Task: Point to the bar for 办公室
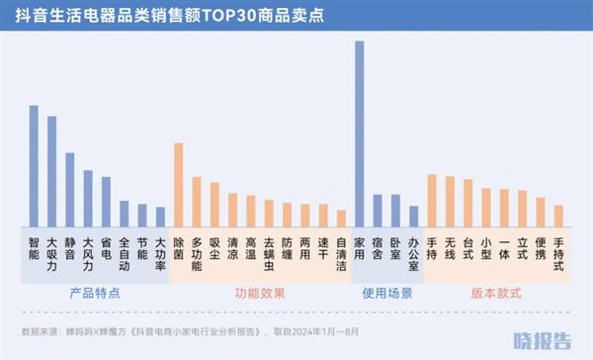pyautogui.click(x=413, y=217)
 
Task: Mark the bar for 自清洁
pyautogui.click(x=341, y=219)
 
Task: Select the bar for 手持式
pyautogui.click(x=558, y=216)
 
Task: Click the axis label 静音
pyautogui.click(x=70, y=247)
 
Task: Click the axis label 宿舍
pyautogui.click(x=377, y=247)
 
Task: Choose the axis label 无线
pyautogui.click(x=450, y=247)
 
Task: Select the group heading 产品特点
pyautogui.click(x=96, y=294)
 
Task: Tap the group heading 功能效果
pyautogui.click(x=260, y=294)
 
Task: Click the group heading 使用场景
pyautogui.click(x=386, y=294)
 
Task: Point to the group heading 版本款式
pyautogui.click(x=494, y=294)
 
